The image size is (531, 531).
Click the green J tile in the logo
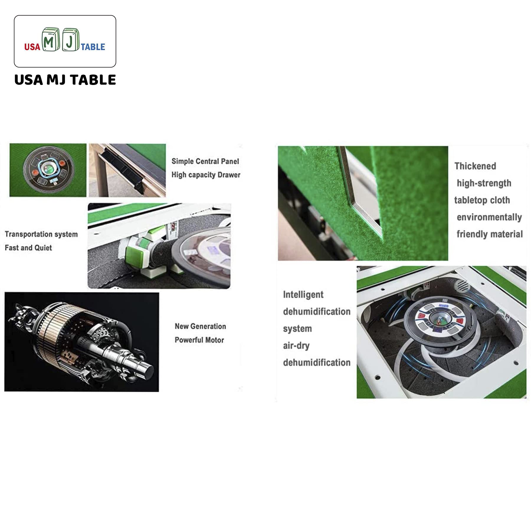pos(71,40)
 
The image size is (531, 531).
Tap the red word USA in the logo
pos(32,47)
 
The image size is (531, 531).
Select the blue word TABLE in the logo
pos(93,47)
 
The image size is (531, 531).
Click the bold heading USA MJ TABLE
pos(65,80)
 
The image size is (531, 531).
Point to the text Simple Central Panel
pos(205,161)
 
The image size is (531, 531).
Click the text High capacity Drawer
pos(206,175)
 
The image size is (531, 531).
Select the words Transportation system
pos(41,234)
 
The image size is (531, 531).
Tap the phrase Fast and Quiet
pos(28,248)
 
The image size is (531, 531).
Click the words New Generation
pos(200,326)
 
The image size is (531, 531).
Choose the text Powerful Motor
pos(199,340)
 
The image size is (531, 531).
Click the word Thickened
pos(475,166)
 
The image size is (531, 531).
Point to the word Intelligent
pos(303,295)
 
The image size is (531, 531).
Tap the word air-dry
pos(296,346)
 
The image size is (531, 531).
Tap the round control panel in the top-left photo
pos(49,170)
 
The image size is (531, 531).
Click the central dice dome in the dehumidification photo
pos(439,319)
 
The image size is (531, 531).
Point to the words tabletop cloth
pos(482,200)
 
